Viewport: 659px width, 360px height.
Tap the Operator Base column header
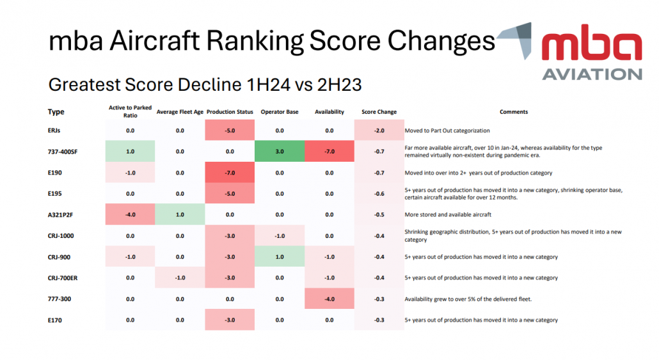(280, 112)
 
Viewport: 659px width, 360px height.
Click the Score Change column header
(379, 112)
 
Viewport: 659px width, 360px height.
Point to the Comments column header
(514, 112)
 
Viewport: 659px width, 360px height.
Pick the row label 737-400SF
(67, 152)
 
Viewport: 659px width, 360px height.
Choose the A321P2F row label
(64, 214)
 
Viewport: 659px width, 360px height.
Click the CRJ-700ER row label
(66, 278)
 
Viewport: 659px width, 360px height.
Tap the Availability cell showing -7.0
(329, 152)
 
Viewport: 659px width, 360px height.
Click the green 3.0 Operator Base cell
(280, 152)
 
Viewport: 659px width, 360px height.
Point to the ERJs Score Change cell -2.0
(379, 130)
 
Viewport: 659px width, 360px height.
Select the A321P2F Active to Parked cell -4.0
(130, 214)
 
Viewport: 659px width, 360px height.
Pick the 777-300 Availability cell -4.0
(329, 299)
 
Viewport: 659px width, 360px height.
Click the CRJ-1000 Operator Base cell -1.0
(280, 235)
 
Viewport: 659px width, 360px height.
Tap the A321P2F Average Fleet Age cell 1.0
(180, 214)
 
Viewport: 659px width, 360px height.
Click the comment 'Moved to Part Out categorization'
(447, 130)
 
